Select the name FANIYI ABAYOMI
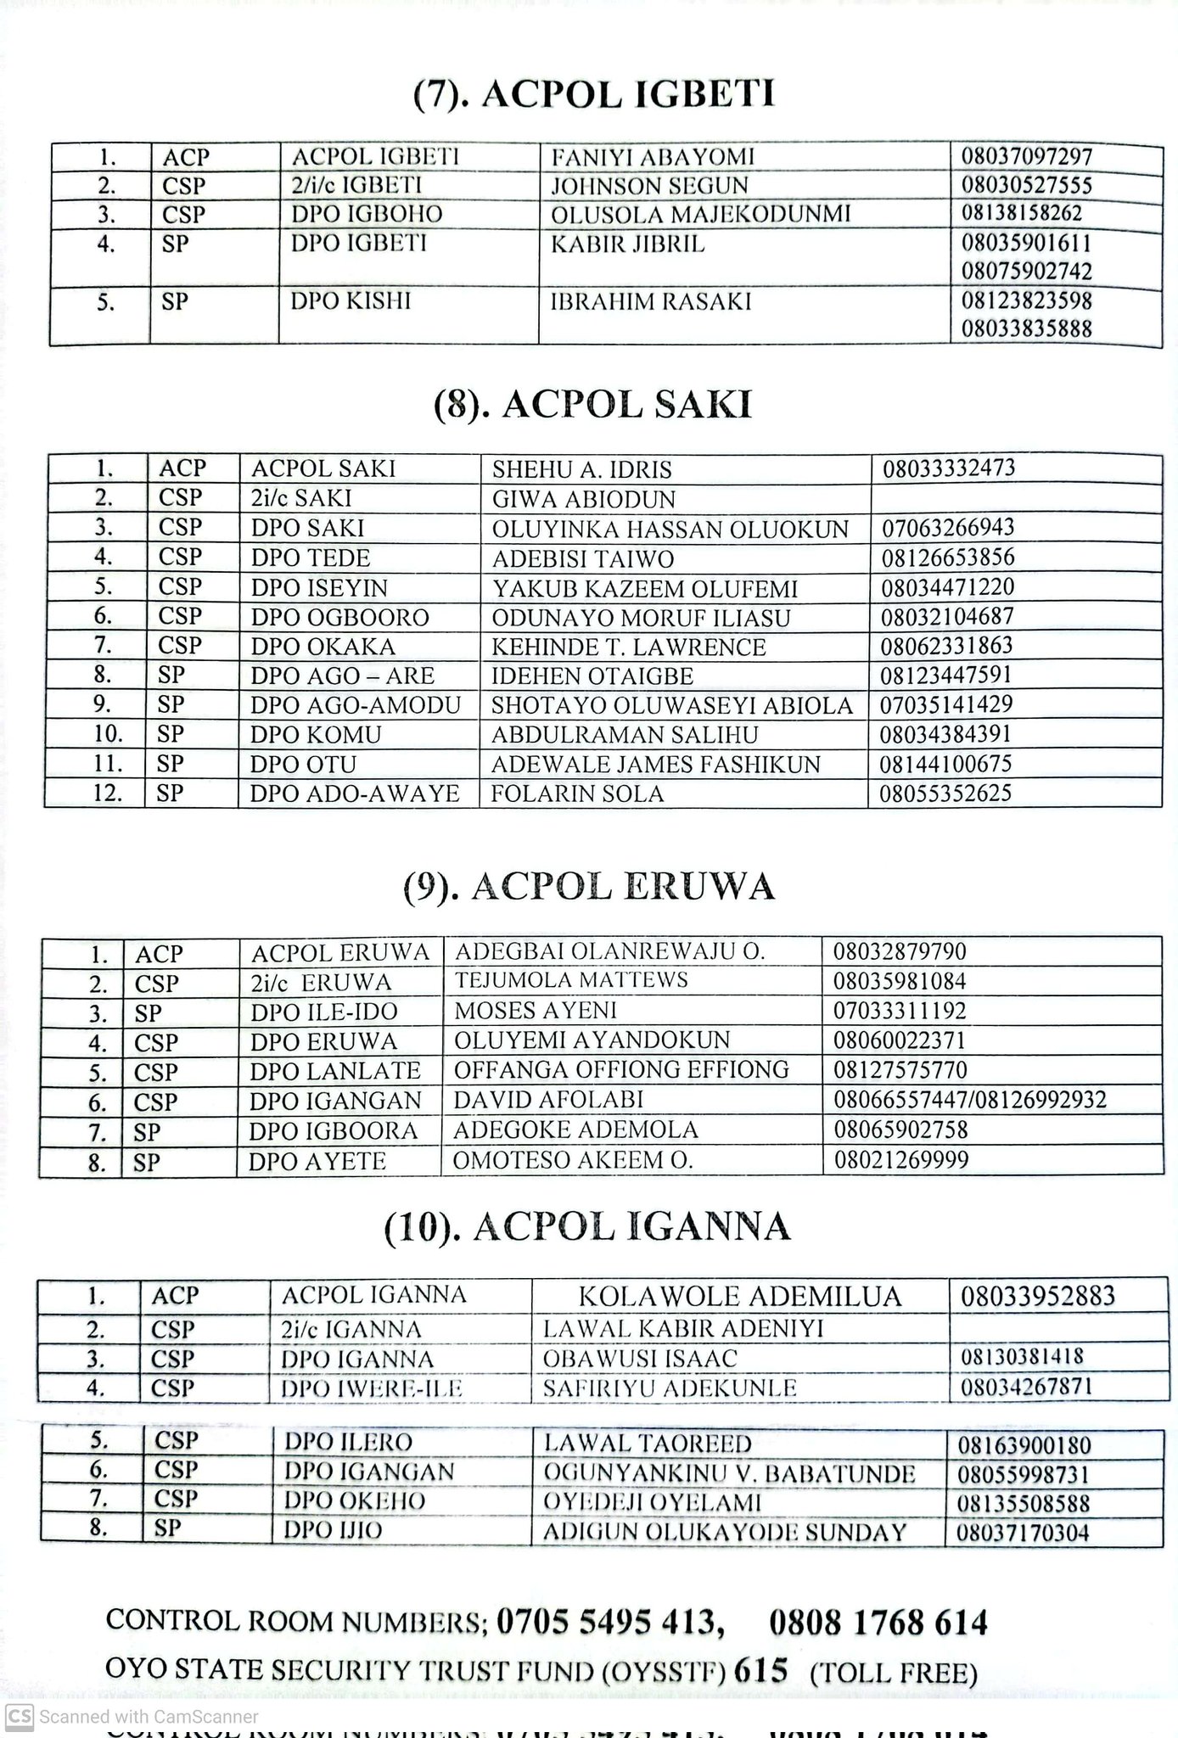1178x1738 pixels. click(653, 158)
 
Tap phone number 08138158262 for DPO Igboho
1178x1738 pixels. click(1022, 213)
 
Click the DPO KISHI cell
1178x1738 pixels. click(351, 301)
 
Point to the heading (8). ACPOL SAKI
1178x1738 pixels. click(592, 406)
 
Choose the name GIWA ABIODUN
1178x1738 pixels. click(584, 499)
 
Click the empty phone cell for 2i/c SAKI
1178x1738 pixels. click(1015, 498)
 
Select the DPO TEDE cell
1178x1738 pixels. click(311, 558)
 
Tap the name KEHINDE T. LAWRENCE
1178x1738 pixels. click(628, 648)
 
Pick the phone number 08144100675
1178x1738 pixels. click(945, 764)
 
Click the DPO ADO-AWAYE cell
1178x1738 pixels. click(355, 793)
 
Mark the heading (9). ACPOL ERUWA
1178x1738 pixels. click(589, 887)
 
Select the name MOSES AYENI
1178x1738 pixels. click(536, 1011)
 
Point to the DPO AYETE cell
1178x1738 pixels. click(317, 1161)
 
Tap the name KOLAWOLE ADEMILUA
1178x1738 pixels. click(740, 1297)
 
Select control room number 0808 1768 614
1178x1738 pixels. click(878, 1623)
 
